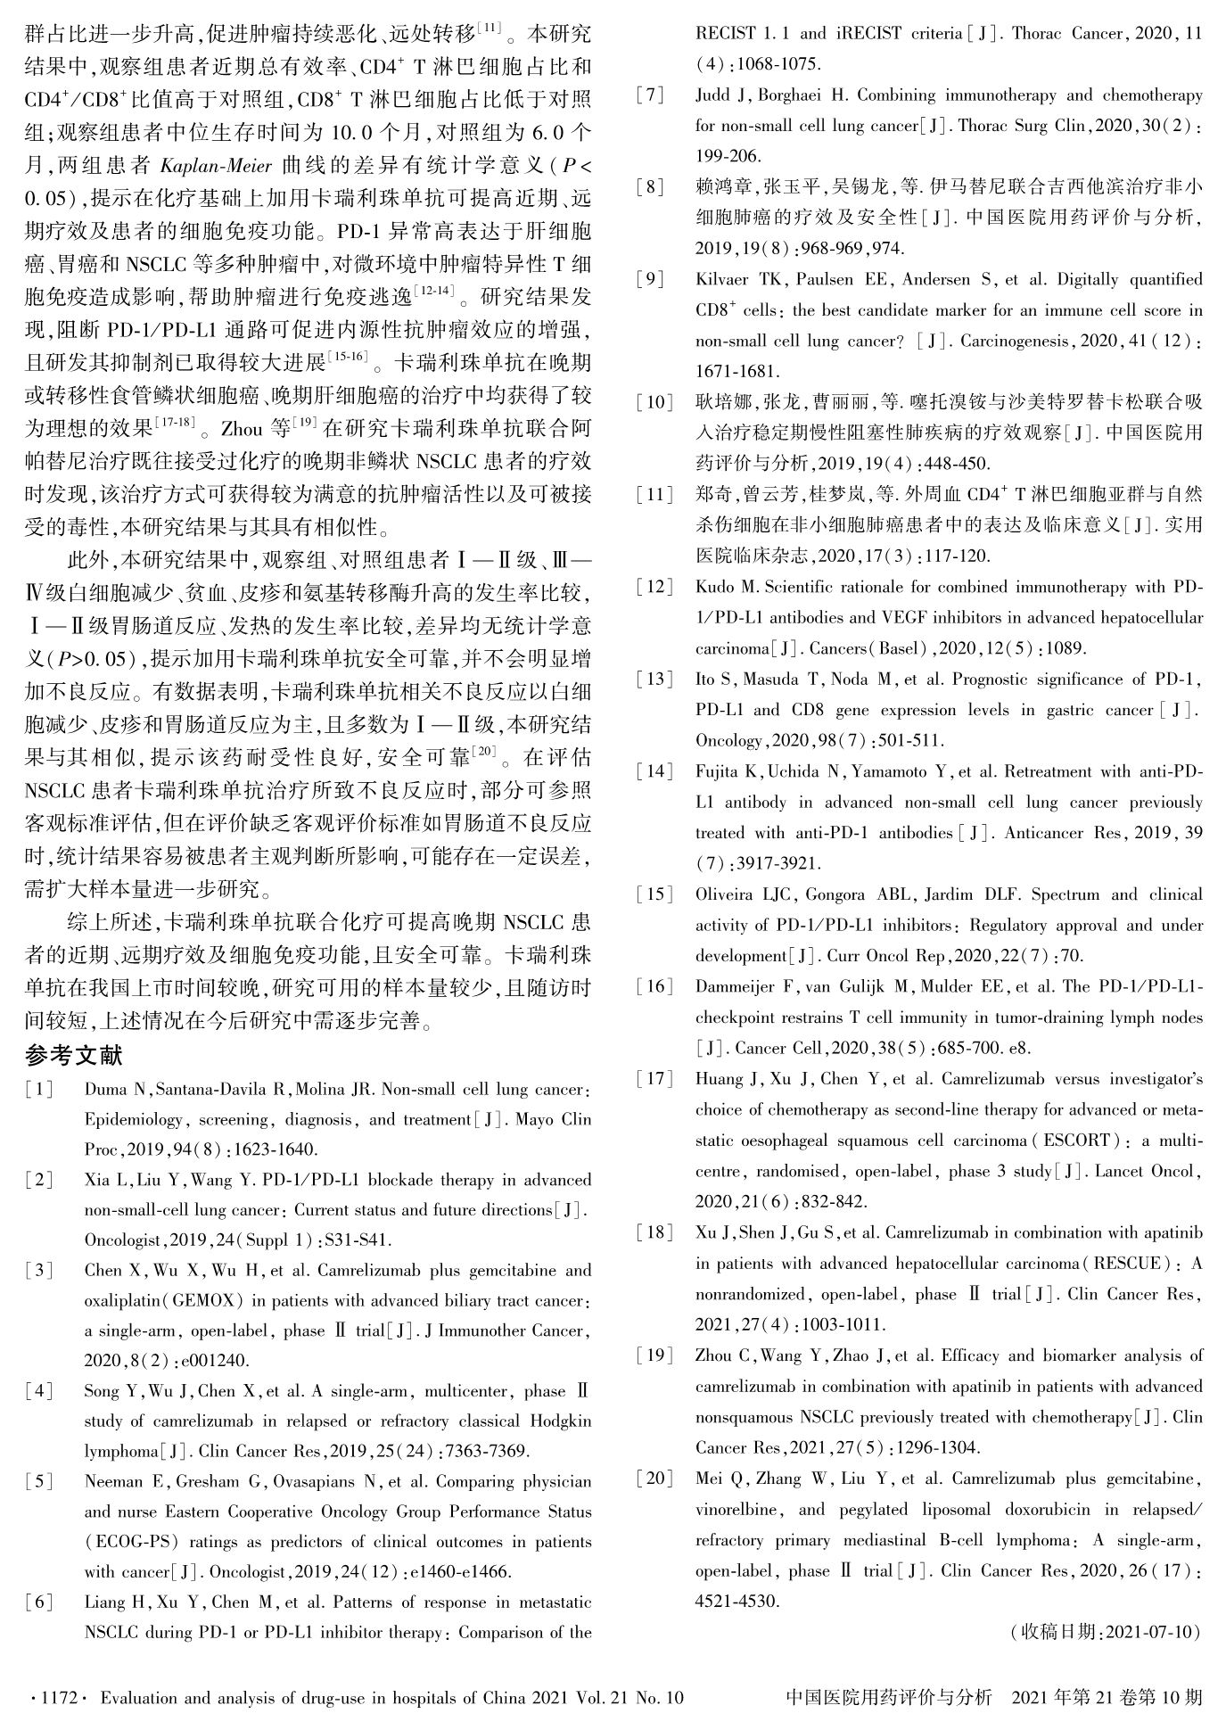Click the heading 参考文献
click(x=73, y=1056)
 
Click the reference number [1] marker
click(x=39, y=1089)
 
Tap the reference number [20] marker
click(x=654, y=1479)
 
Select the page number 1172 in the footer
click(x=59, y=1697)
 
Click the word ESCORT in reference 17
click(x=1077, y=1141)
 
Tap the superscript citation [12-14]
click(x=436, y=289)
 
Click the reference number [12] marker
click(x=654, y=587)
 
